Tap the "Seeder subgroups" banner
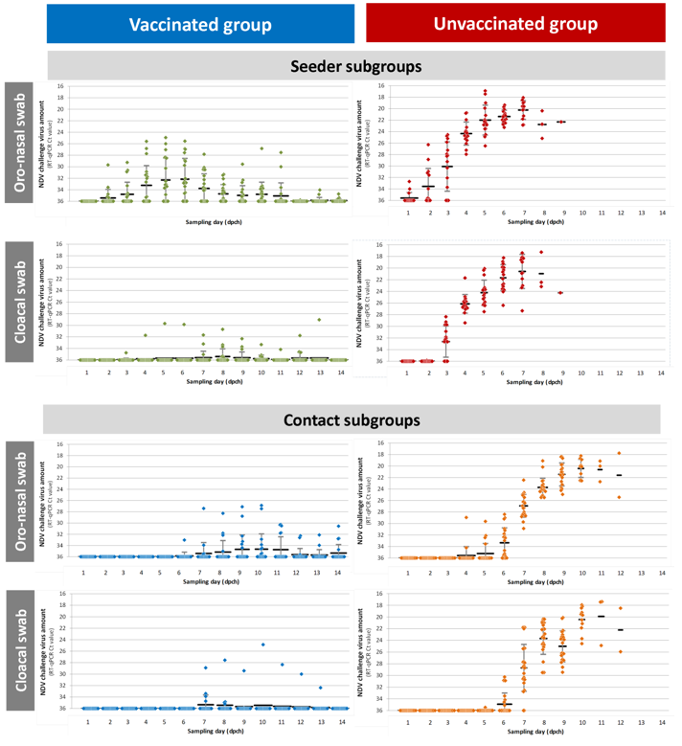(x=356, y=65)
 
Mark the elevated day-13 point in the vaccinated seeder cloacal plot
(x=319, y=320)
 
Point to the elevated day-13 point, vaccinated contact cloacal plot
(x=320, y=687)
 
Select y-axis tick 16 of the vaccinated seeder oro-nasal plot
(x=60, y=86)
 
